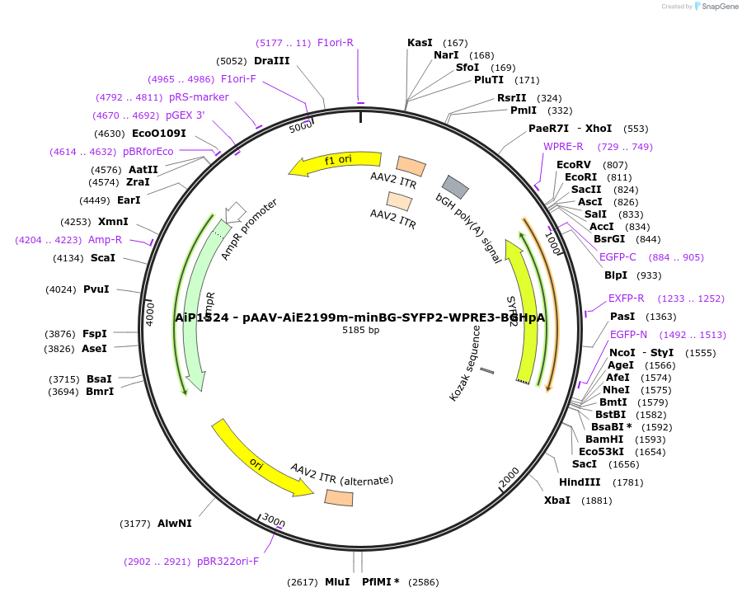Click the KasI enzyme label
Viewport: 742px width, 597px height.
tap(420, 43)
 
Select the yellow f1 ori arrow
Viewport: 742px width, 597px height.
tap(334, 163)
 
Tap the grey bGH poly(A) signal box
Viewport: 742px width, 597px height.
tap(456, 187)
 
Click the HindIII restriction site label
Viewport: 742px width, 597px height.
tap(580, 482)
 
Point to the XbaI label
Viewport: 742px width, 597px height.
tap(556, 501)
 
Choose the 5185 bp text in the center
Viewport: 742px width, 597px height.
tap(360, 330)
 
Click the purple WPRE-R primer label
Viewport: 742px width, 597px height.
tap(563, 147)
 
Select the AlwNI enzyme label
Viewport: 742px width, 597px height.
tap(175, 524)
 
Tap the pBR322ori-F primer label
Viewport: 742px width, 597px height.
tap(228, 562)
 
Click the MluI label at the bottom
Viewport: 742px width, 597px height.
tap(337, 582)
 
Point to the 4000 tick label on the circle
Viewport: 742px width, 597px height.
tap(150, 313)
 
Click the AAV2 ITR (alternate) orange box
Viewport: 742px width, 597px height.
tap(339, 498)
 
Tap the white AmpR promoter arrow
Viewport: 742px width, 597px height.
tap(236, 212)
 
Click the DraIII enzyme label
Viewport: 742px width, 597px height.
tap(271, 61)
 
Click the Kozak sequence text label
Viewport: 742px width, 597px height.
tap(464, 363)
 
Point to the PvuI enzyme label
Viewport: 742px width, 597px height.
tap(96, 289)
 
